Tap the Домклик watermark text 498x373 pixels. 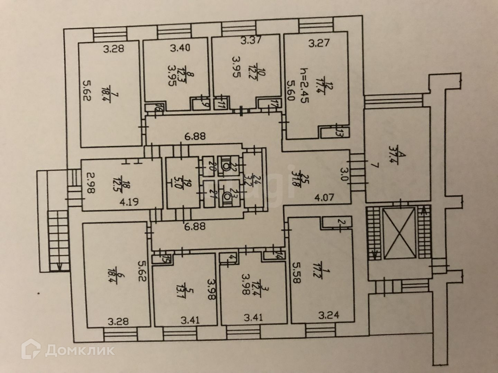click(x=80, y=352)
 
